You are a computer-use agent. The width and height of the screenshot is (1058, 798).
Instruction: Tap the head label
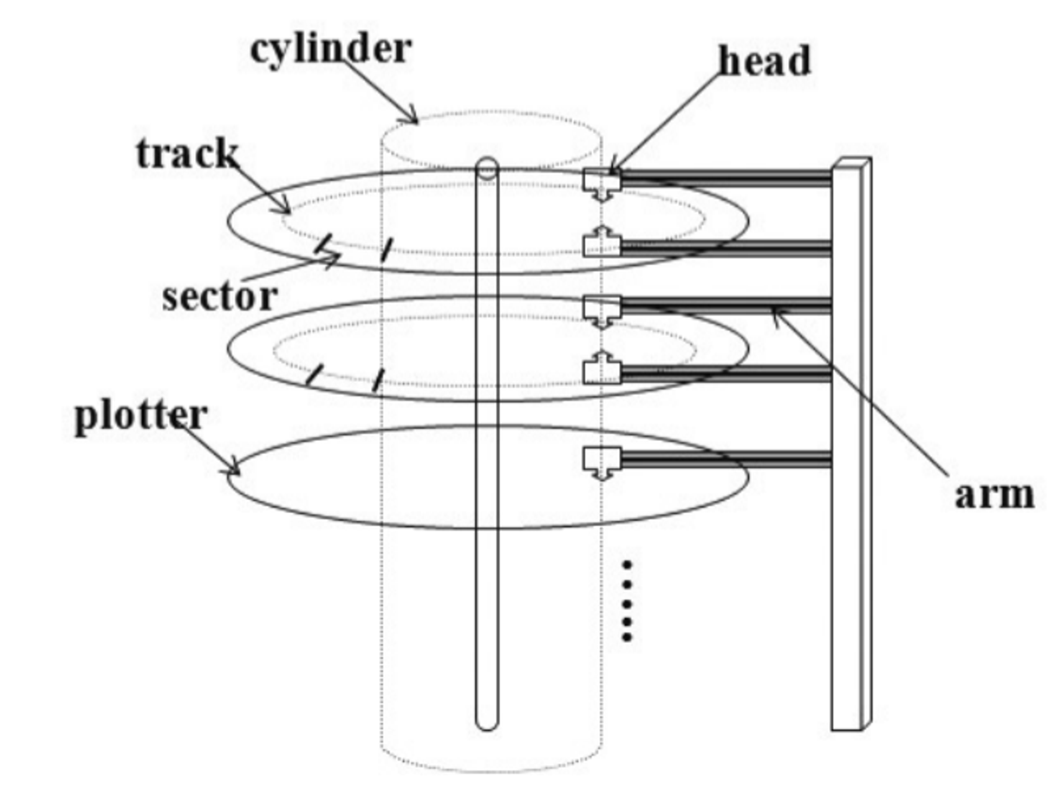point(764,61)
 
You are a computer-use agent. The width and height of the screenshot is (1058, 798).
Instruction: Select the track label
point(187,154)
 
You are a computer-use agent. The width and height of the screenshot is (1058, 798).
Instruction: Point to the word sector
point(220,297)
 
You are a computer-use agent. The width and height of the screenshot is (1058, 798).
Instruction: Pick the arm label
point(994,496)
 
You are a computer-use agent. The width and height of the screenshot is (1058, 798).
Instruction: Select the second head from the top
point(601,243)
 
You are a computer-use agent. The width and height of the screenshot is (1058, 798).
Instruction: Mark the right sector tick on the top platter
point(387,250)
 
